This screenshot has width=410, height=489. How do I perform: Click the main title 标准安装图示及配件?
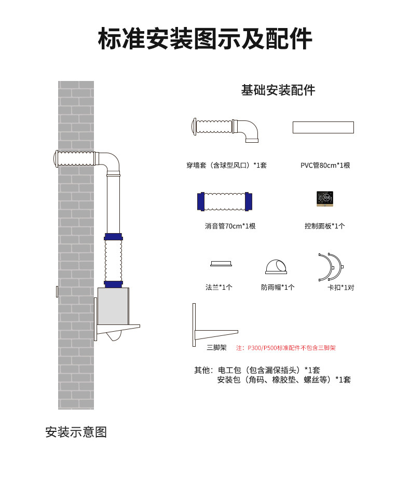205,39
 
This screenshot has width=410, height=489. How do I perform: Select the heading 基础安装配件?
278,90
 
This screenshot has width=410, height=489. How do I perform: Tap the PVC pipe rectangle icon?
323,127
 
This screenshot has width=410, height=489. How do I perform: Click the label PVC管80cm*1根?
325,166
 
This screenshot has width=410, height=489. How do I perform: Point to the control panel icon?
325,199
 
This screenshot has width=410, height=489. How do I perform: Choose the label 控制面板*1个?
325,226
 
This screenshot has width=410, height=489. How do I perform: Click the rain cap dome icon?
276,266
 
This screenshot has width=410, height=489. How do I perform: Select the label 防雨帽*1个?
278,288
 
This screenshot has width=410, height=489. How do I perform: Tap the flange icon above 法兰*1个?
221,263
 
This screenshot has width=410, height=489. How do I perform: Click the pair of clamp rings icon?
331,267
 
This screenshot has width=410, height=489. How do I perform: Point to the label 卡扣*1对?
340,288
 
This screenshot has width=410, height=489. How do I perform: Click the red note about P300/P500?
286,348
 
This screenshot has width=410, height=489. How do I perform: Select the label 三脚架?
216,348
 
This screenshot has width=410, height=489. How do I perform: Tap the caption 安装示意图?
76,432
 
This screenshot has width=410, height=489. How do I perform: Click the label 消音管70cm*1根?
230,226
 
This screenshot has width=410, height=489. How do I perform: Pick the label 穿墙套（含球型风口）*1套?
227,166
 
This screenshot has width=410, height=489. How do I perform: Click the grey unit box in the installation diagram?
113,306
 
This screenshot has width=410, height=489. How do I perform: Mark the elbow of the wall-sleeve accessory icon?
249,130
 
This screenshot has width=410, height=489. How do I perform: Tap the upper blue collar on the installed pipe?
114,237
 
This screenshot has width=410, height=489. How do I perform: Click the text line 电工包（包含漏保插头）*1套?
269,370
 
